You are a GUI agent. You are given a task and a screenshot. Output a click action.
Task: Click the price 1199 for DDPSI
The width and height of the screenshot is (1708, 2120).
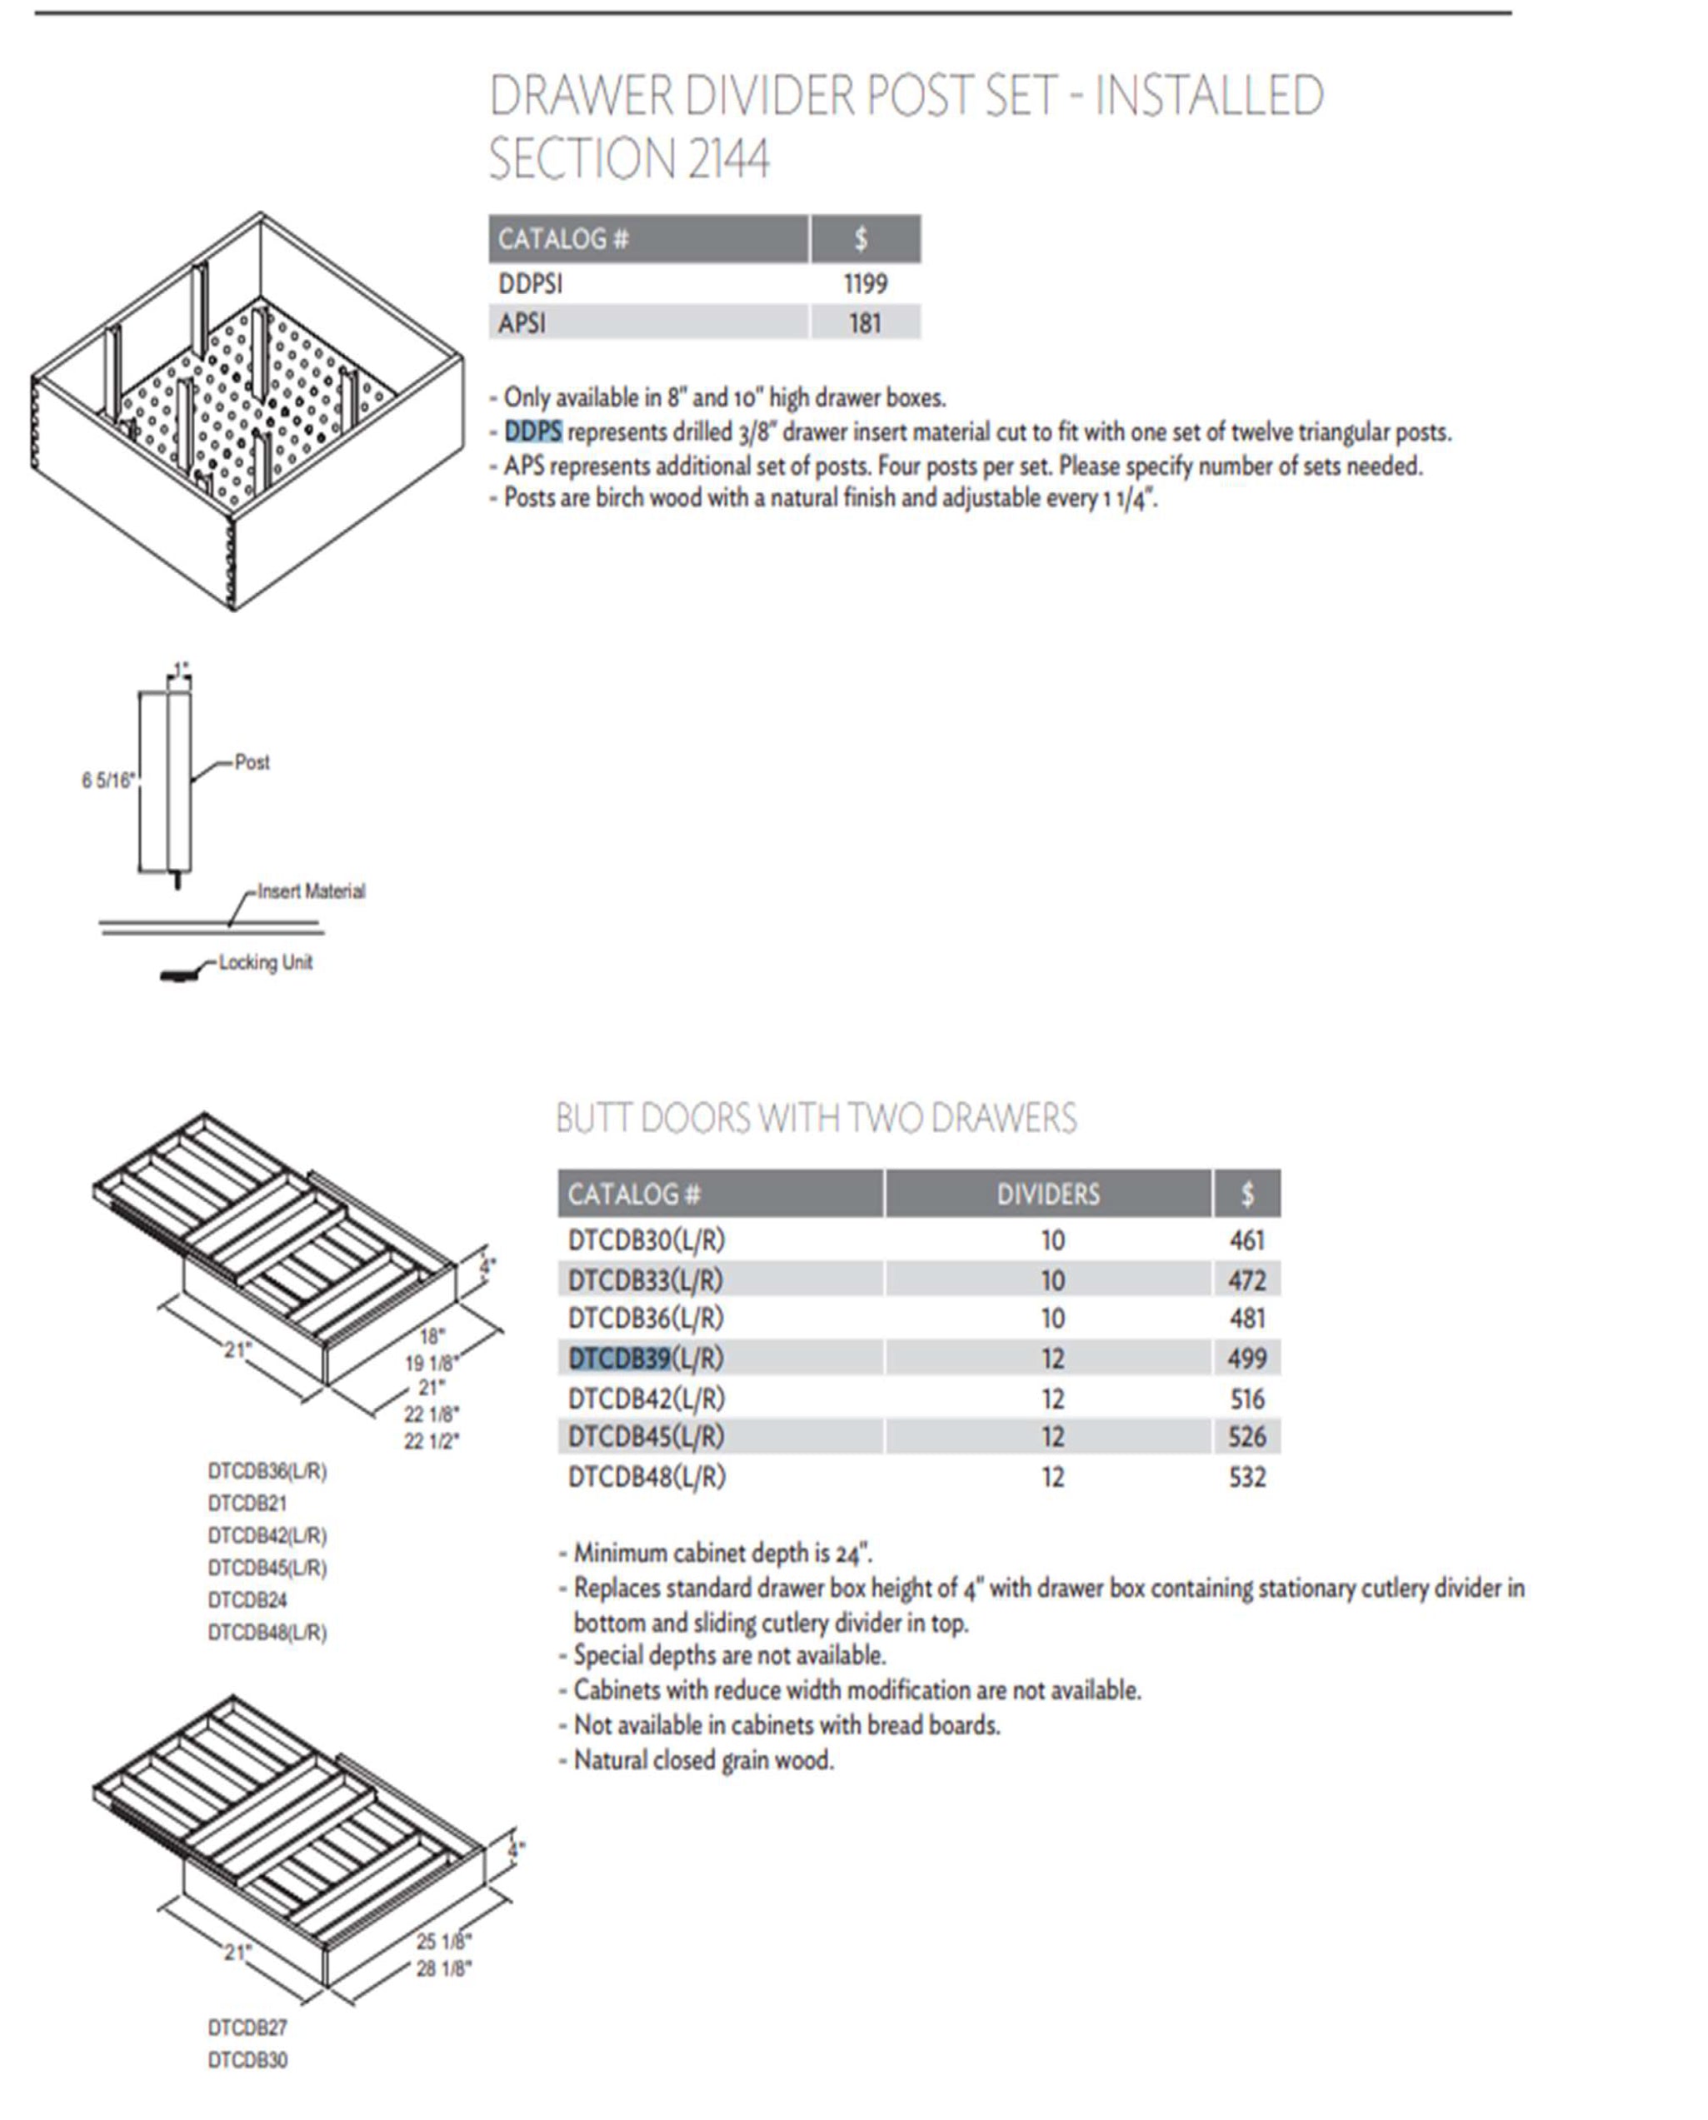pos(865,284)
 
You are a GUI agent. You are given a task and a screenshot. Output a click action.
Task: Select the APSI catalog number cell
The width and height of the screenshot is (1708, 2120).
pos(522,322)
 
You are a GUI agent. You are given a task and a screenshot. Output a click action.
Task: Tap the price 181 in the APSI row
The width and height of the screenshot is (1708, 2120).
pos(865,322)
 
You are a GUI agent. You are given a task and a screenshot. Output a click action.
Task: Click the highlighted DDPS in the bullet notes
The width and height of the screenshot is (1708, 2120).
pos(533,431)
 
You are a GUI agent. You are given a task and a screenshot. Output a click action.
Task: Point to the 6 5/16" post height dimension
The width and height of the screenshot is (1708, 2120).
pos(107,781)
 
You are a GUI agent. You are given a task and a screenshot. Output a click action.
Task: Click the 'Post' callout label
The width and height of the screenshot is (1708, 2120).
pos(252,761)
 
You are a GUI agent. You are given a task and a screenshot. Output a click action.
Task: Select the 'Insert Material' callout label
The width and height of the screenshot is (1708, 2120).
pos(311,891)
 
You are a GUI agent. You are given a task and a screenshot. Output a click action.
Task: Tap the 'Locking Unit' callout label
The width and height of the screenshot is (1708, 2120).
pos(266,962)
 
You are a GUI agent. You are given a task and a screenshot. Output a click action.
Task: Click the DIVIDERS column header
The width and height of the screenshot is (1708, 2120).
pos(1048,1195)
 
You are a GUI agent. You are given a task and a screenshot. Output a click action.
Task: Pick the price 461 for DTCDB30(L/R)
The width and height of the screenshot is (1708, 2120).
pos(1246,1240)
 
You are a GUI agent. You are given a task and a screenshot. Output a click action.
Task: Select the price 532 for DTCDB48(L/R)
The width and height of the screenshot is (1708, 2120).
pos(1246,1477)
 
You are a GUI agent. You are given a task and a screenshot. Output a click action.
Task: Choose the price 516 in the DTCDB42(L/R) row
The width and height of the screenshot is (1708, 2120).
pos(1246,1398)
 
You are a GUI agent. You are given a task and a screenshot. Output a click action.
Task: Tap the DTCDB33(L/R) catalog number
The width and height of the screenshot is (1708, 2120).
pos(646,1279)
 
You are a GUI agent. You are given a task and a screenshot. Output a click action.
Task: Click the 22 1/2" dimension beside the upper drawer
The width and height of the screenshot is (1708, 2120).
pos(431,1441)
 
